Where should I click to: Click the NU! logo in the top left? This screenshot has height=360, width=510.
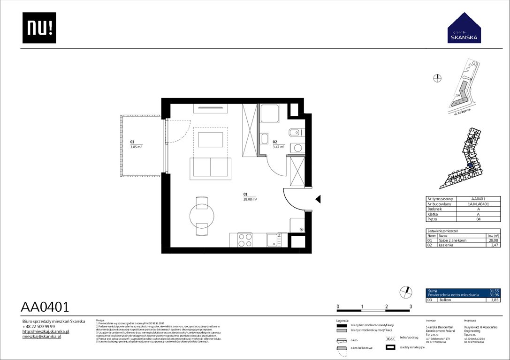pyautogui.click(x=39, y=28)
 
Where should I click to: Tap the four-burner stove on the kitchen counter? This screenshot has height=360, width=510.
pyautogui.click(x=245, y=240)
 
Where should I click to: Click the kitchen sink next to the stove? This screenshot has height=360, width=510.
pyautogui.click(x=274, y=240)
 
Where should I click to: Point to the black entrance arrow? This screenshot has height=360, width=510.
pyautogui.click(x=318, y=200)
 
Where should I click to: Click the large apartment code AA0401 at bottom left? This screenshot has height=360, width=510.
pyautogui.click(x=45, y=307)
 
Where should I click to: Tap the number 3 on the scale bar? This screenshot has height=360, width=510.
pyautogui.click(x=411, y=306)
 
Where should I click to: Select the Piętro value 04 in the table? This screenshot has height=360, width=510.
pyautogui.click(x=479, y=219)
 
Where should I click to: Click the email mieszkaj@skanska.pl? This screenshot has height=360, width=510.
pyautogui.click(x=42, y=337)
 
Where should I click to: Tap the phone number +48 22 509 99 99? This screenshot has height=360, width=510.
pyautogui.click(x=39, y=326)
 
